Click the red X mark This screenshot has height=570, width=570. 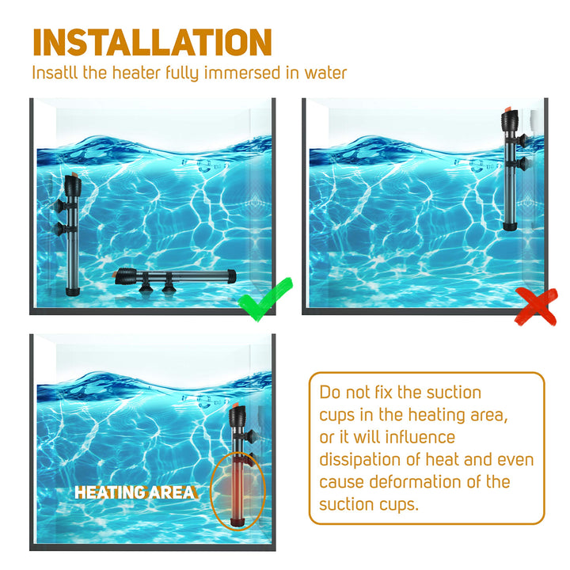click(x=535, y=306)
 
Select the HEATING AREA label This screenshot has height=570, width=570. click(x=135, y=492)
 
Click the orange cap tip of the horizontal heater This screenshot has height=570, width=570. click(x=117, y=275)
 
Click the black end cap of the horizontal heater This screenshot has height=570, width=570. click(x=233, y=275)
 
